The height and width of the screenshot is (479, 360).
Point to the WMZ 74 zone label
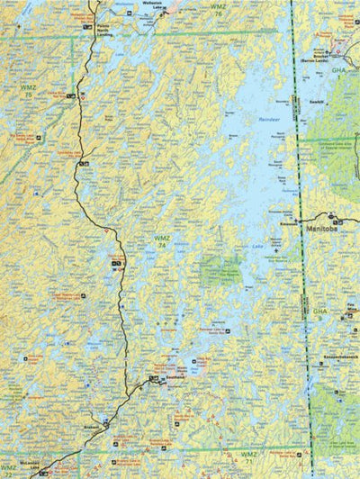click(x=162, y=240)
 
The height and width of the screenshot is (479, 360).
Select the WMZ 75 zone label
click(x=28, y=90)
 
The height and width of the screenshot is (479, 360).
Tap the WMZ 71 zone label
click(x=249, y=457)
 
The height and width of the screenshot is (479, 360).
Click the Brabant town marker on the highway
click(x=105, y=420)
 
